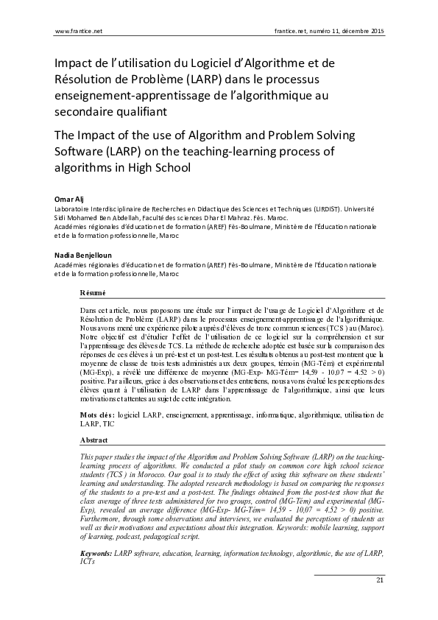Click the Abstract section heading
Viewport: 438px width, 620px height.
(93, 440)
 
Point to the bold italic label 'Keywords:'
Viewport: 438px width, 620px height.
(96, 531)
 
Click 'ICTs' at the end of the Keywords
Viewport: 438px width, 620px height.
(88, 539)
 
